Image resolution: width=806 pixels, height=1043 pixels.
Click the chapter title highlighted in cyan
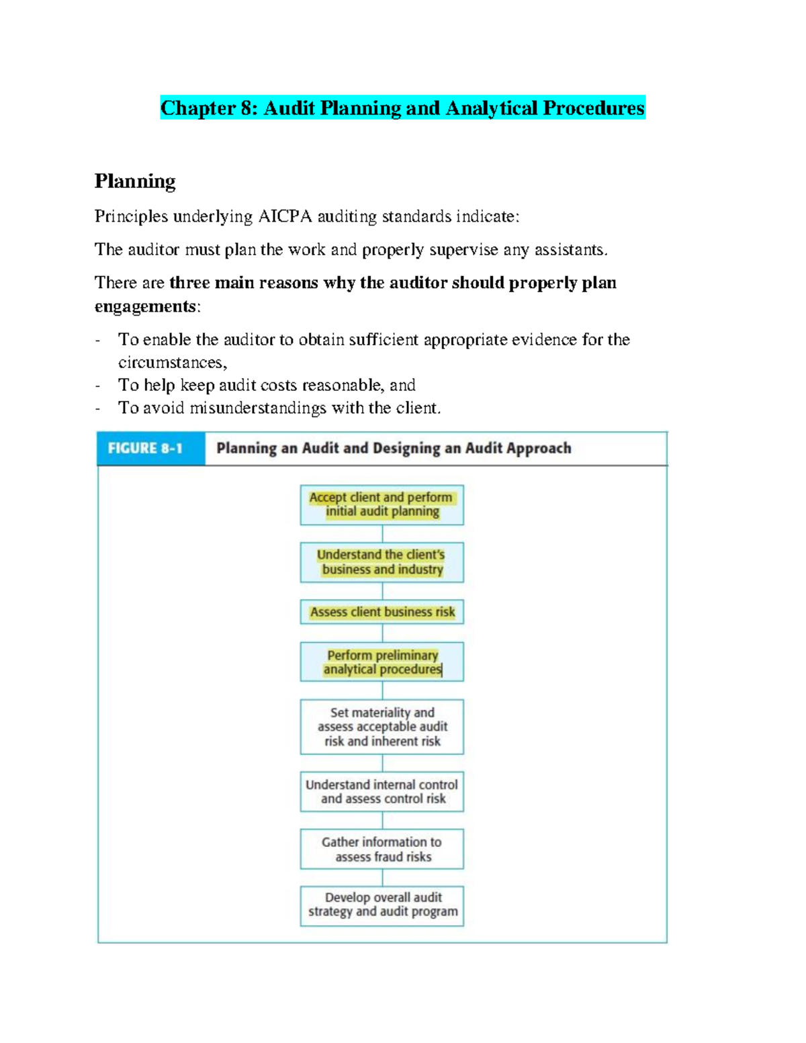(x=402, y=108)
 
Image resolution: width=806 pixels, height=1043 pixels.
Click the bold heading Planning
(x=135, y=181)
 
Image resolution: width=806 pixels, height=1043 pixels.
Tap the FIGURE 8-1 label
(x=145, y=448)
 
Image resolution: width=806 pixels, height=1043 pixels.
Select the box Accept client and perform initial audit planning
(x=382, y=504)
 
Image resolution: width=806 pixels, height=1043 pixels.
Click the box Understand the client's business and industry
(x=382, y=562)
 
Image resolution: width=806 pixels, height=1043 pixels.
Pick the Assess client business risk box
(x=382, y=612)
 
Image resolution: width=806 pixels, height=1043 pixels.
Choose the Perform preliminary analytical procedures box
(x=382, y=662)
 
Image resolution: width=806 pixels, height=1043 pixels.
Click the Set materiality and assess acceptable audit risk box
(x=382, y=727)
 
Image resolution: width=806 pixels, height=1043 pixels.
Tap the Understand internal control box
(x=382, y=791)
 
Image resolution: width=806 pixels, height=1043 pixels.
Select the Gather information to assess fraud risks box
(x=382, y=849)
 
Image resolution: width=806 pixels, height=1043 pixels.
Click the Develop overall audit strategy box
(x=382, y=905)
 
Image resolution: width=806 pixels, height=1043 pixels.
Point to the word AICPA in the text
(x=285, y=216)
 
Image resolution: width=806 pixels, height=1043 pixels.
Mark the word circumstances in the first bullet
(x=172, y=363)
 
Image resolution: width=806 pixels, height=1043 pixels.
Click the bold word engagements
(x=144, y=306)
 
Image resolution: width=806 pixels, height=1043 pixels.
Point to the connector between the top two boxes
(x=382, y=534)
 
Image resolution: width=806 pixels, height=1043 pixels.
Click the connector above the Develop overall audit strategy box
(x=382, y=878)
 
